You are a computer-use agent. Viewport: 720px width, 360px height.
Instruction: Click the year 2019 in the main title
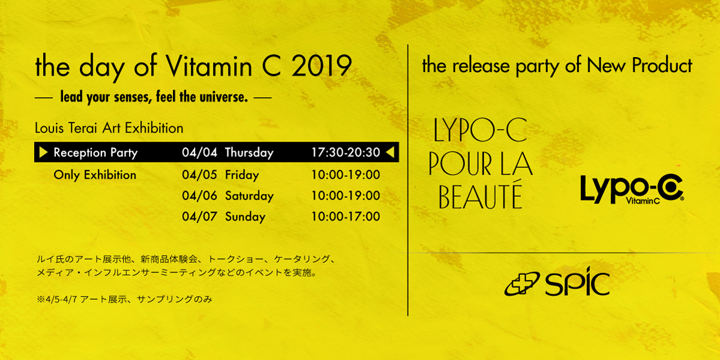click(x=322, y=66)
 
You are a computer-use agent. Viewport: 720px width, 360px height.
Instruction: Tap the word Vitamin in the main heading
click(x=209, y=65)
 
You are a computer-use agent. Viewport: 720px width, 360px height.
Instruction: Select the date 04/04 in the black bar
click(x=200, y=152)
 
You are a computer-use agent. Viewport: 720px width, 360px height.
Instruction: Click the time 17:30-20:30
click(x=346, y=152)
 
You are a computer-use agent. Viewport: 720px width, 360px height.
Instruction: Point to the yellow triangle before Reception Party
click(x=43, y=152)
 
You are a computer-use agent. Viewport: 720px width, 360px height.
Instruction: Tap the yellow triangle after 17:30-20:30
click(x=390, y=152)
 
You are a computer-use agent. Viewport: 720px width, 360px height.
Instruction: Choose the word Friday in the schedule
click(x=242, y=175)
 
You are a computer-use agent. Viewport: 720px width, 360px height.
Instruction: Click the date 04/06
click(x=200, y=196)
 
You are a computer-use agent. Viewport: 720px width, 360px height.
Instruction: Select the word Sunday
click(x=245, y=217)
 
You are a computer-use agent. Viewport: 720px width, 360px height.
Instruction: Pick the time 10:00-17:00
click(x=346, y=217)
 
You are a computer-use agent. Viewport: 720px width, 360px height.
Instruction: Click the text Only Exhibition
click(x=95, y=175)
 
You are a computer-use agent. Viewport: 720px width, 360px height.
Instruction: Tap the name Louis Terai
click(x=66, y=128)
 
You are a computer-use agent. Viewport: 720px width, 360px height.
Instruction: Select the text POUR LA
click(x=481, y=163)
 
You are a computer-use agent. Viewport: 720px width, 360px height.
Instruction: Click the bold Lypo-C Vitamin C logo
click(x=632, y=189)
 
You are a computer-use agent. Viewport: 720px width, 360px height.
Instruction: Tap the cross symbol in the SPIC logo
click(x=521, y=283)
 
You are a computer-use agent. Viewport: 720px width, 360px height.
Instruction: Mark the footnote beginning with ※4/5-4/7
click(x=124, y=299)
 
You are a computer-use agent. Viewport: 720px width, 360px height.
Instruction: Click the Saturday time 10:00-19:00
click(x=346, y=196)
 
